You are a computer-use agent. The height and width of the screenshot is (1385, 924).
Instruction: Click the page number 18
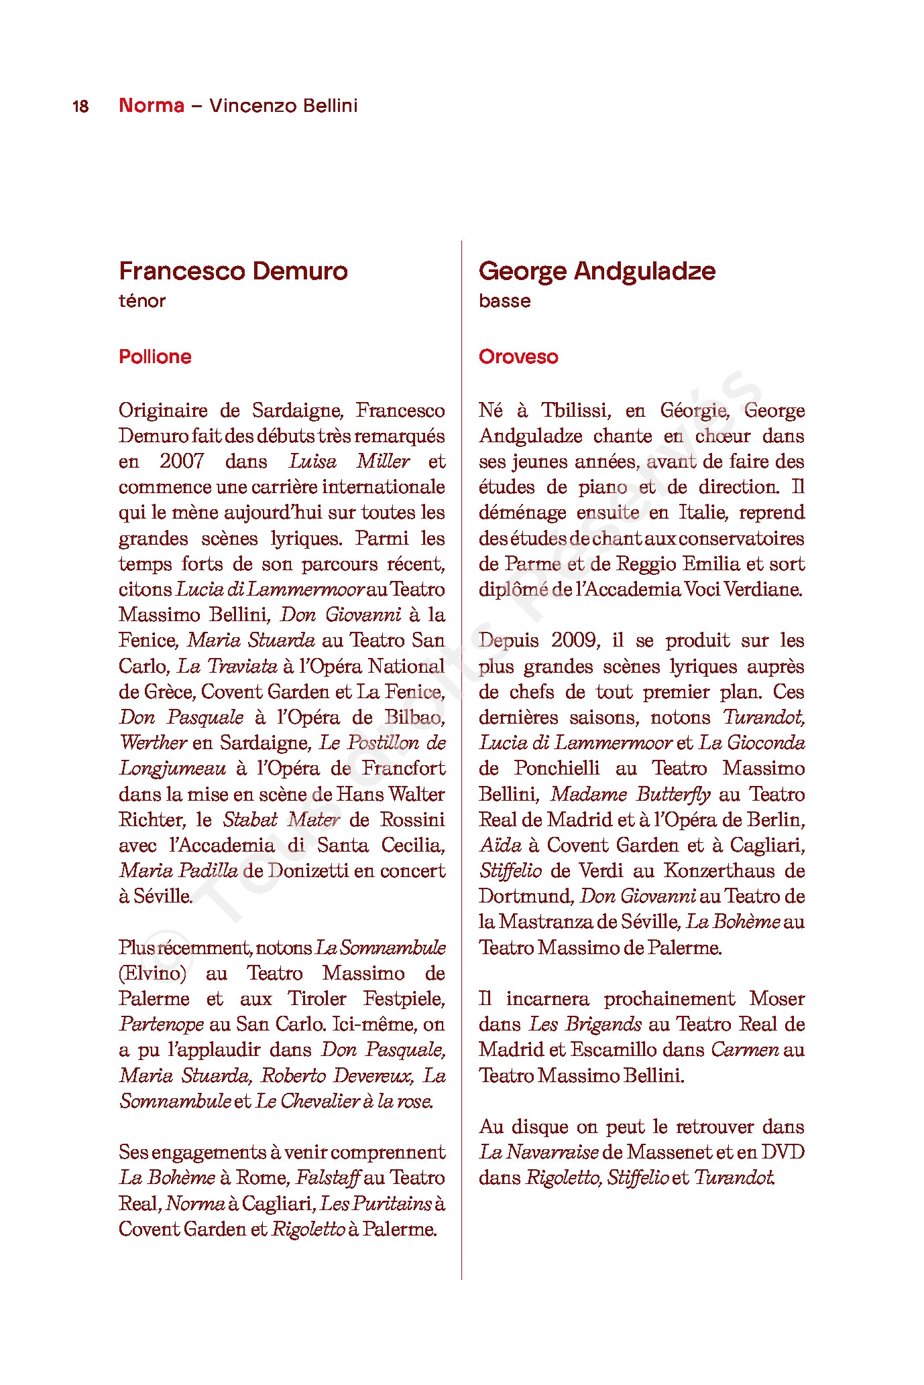(x=80, y=107)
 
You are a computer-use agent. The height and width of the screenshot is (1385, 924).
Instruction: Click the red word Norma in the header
(x=151, y=105)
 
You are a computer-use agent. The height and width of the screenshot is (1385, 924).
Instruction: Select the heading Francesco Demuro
(x=233, y=271)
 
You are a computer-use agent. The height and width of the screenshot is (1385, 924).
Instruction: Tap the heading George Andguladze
(x=597, y=271)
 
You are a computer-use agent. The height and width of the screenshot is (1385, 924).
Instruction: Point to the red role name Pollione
(x=155, y=356)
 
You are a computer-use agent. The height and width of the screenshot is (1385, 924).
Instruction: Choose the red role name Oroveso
(x=518, y=356)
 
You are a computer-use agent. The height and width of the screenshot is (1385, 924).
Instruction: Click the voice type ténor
(x=141, y=301)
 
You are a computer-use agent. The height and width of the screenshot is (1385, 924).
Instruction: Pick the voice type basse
(x=504, y=301)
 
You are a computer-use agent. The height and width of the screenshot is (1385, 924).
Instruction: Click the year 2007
(x=182, y=462)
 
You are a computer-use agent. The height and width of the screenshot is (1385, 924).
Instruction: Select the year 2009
(x=575, y=641)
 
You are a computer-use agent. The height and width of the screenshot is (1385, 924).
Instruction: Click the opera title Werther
(x=153, y=743)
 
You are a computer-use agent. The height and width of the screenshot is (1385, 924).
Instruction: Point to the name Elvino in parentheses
(x=152, y=974)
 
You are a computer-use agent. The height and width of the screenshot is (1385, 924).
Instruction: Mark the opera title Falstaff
(x=329, y=1178)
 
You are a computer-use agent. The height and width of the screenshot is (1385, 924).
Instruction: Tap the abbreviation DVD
(x=783, y=1152)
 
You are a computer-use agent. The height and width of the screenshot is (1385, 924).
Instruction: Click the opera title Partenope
(x=162, y=1025)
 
